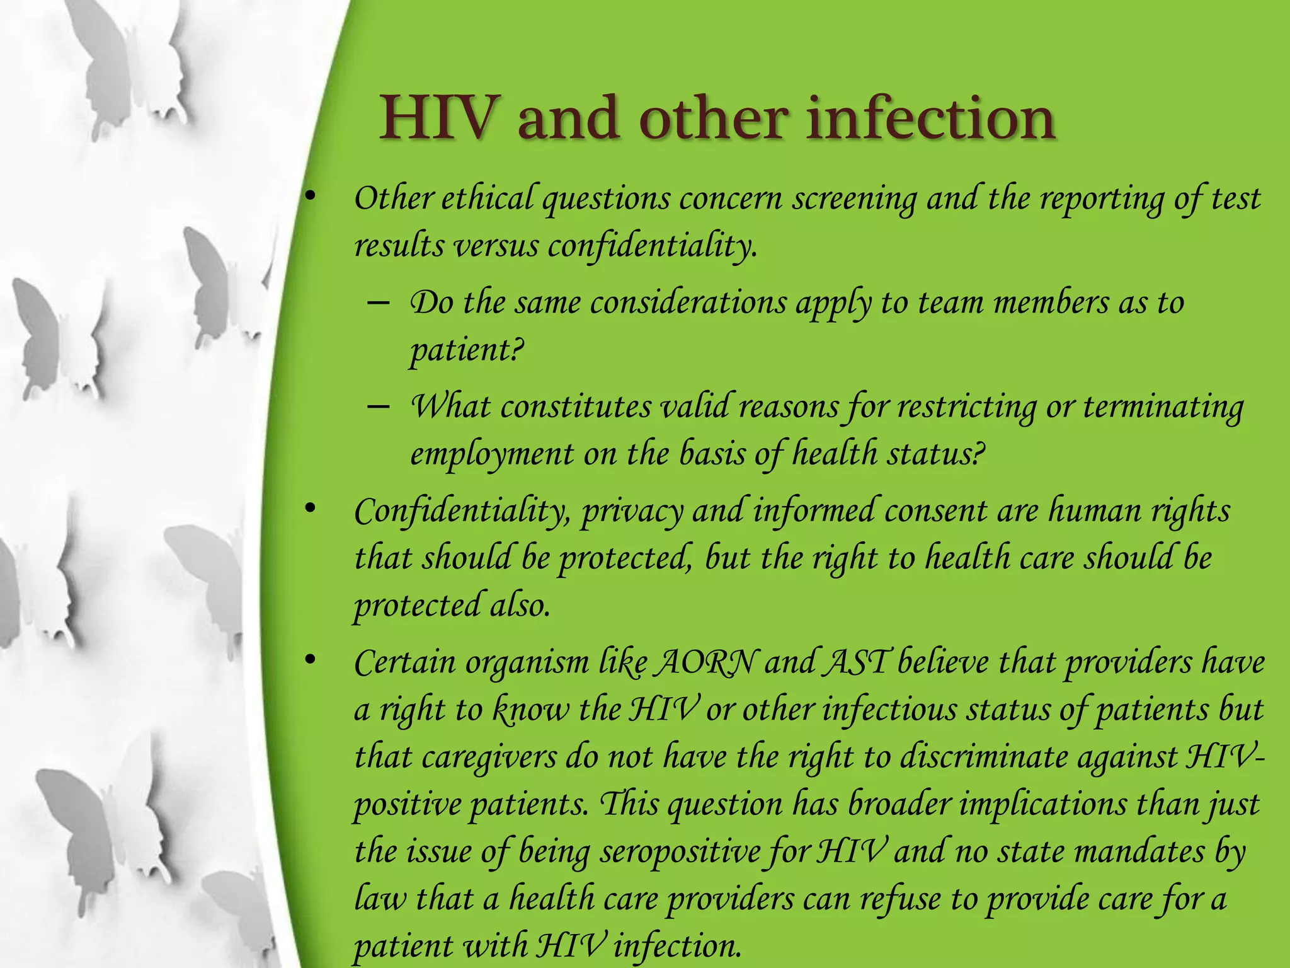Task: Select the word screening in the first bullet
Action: click(x=854, y=199)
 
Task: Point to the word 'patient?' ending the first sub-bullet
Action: click(x=467, y=350)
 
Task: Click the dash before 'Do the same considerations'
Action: click(x=377, y=303)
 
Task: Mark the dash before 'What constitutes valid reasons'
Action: click(x=377, y=407)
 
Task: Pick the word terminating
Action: click(x=1163, y=407)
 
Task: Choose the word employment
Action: click(x=492, y=454)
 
